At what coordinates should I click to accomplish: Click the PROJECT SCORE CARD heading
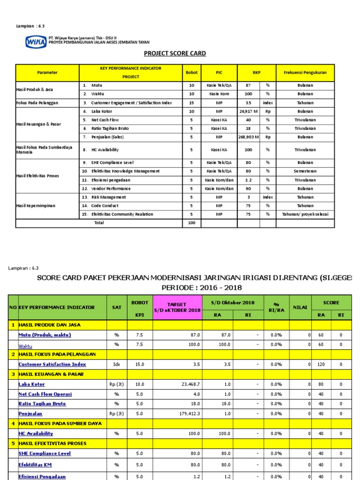tap(174, 53)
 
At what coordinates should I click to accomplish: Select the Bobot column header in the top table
tap(191, 73)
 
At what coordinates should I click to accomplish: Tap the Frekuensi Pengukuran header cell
tap(305, 73)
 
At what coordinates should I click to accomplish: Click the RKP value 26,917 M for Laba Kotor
tap(248, 111)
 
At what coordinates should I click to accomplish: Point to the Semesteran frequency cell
tap(305, 171)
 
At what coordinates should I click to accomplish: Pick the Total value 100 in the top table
tap(191, 223)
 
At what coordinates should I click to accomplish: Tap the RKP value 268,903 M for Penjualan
tap(248, 137)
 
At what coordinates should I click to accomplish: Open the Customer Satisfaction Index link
tap(52, 364)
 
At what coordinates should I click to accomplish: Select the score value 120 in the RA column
tap(321, 364)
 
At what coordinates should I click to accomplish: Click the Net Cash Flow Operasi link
tap(45, 394)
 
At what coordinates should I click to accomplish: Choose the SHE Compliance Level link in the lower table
tap(45, 453)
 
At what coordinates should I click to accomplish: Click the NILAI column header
tap(300, 307)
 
